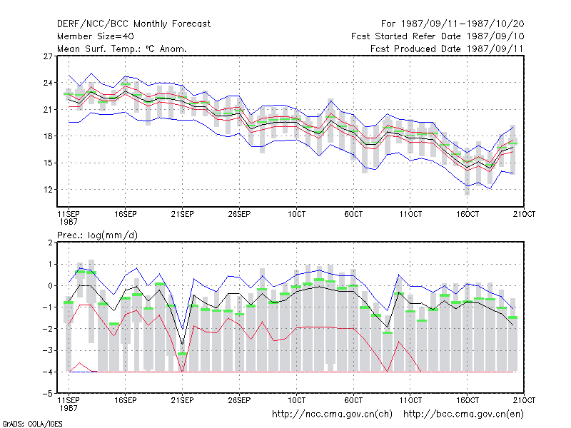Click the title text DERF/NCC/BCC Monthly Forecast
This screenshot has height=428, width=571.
tap(133, 24)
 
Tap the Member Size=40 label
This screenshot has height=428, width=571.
tap(96, 36)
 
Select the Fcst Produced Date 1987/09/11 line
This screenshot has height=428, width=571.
tap(447, 49)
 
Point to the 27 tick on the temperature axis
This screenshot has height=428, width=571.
tap(48, 56)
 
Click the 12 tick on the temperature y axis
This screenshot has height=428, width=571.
tap(48, 190)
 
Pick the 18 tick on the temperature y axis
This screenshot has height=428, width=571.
tap(48, 136)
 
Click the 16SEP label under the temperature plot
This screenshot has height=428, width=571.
tap(126, 214)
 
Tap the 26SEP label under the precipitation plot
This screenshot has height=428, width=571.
tap(239, 400)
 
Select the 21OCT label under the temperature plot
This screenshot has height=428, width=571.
tap(524, 214)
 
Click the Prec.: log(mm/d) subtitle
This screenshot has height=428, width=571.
tap(97, 235)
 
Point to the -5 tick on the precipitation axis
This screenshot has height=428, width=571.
tap(48, 394)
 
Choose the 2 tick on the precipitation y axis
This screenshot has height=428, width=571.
tap(50, 243)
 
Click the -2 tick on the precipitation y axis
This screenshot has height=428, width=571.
tap(48, 329)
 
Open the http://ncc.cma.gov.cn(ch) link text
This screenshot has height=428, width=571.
tap(332, 414)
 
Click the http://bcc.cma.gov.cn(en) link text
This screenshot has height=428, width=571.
tap(463, 414)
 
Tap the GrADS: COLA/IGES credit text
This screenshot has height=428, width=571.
tap(32, 424)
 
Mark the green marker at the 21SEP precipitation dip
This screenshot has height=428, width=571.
tap(183, 354)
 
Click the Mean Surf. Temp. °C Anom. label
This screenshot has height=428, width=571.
tap(121, 49)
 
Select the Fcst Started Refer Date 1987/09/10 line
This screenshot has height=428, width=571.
tap(438, 36)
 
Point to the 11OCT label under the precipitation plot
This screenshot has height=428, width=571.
tap(410, 400)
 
